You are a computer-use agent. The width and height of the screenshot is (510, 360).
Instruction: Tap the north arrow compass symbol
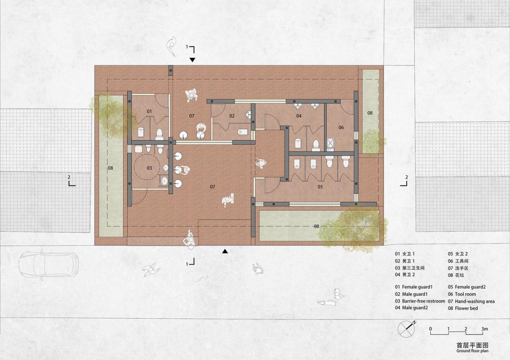(x=406, y=329)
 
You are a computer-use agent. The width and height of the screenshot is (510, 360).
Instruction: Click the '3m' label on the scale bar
(x=484, y=329)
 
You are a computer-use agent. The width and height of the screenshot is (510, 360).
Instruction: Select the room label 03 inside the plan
(x=149, y=168)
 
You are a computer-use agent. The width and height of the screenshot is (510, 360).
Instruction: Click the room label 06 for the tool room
(x=341, y=127)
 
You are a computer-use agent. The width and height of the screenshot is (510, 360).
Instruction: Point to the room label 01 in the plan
(x=149, y=111)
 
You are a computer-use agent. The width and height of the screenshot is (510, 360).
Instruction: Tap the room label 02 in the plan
(x=232, y=116)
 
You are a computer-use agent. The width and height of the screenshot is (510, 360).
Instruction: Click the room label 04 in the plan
(x=299, y=116)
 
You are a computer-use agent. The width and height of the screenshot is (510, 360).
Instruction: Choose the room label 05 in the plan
(x=320, y=186)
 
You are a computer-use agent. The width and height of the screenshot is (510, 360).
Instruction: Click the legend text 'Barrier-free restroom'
(x=423, y=301)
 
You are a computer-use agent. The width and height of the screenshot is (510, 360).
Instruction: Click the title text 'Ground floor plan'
(x=472, y=351)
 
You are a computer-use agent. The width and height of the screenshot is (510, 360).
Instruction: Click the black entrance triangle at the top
(x=192, y=60)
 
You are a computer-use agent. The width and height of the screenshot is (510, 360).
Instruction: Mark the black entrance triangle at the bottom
(x=225, y=251)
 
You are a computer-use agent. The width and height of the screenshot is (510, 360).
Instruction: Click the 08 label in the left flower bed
(x=110, y=168)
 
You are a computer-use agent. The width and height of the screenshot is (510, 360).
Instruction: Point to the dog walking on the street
(x=326, y=303)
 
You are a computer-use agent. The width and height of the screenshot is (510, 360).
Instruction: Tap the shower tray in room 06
(x=330, y=143)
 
